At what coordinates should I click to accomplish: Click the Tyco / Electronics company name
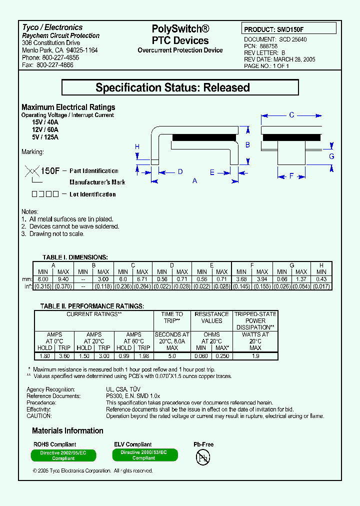pyautogui.click(x=52, y=27)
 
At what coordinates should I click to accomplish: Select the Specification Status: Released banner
pyautogui.click(x=180, y=87)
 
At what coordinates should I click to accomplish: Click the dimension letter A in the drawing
pyautogui.click(x=195, y=180)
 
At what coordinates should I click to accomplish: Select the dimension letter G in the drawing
pyautogui.click(x=331, y=156)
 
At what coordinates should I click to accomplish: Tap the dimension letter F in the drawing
pyautogui.click(x=291, y=175)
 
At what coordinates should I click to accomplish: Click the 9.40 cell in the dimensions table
pyautogui.click(x=63, y=279)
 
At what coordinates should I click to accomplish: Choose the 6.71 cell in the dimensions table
pyautogui.click(x=142, y=279)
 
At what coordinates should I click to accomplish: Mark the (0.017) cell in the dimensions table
pyautogui.click(x=321, y=286)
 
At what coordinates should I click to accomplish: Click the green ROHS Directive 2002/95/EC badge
pyautogui.click(x=63, y=455)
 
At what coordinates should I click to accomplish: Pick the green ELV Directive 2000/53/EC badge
pyautogui.click(x=143, y=454)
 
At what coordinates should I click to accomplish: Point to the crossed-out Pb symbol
pyautogui.click(x=203, y=457)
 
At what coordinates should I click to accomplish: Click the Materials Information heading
pyautogui.click(x=67, y=430)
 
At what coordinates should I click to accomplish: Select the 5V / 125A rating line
pyautogui.click(x=45, y=137)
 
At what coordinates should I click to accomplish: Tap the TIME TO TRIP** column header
pyautogui.click(x=172, y=317)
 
